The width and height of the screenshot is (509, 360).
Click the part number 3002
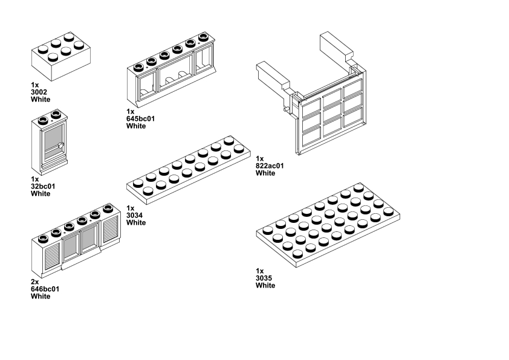(x=39, y=92)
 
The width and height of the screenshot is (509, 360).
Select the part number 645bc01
(x=140, y=118)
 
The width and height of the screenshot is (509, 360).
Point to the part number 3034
(x=134, y=215)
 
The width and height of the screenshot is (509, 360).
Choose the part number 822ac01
(x=270, y=166)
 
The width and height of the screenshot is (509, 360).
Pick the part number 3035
(x=264, y=278)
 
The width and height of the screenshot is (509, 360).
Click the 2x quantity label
(x=34, y=282)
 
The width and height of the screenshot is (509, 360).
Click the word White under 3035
(x=265, y=285)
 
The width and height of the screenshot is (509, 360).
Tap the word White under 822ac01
(x=265, y=173)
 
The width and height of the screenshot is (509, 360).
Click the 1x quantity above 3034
(x=130, y=208)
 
